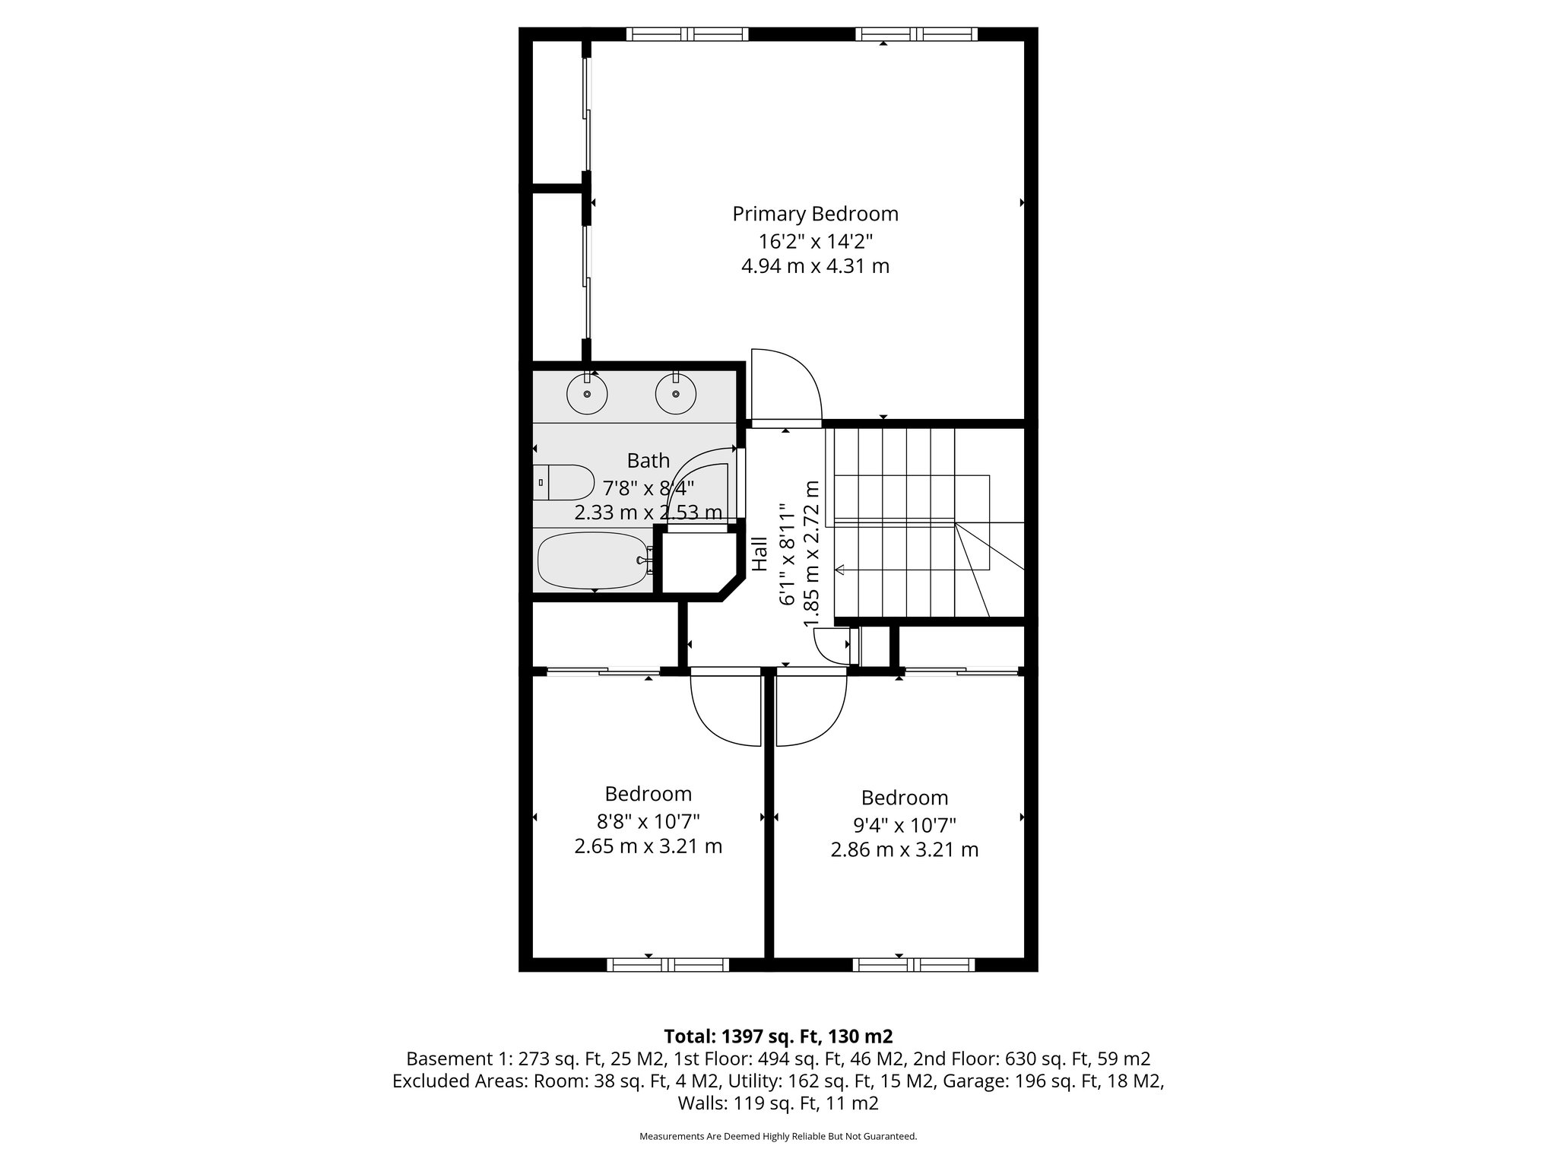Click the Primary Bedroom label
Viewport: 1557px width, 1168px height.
815,214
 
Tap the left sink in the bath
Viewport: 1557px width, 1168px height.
587,394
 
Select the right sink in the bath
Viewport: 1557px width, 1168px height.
675,394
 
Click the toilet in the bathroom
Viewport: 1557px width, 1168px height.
563,482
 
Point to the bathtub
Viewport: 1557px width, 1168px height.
592,561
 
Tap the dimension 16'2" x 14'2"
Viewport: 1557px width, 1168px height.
815,242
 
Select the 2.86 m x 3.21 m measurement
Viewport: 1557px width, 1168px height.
904,849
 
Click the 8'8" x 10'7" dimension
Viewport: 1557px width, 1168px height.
648,821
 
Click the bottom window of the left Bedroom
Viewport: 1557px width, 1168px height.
668,965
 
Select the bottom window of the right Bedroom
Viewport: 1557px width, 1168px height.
913,965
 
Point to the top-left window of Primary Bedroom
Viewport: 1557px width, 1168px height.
687,34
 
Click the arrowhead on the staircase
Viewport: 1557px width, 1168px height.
839,570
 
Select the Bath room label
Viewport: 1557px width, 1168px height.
648,461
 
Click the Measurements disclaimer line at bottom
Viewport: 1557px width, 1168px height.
778,1136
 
